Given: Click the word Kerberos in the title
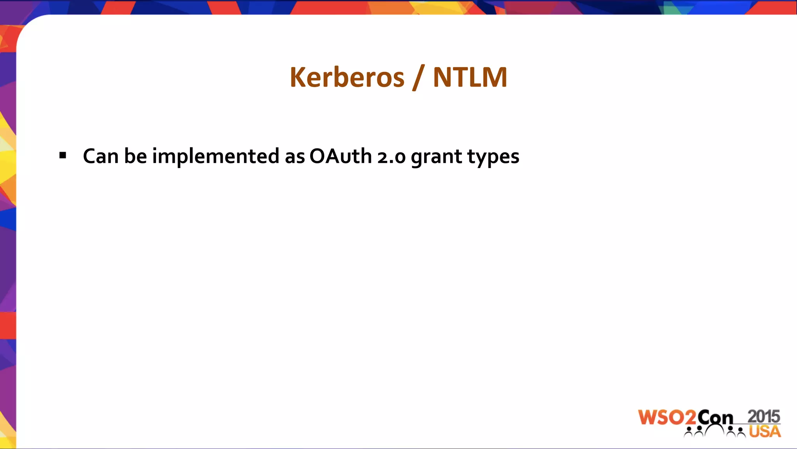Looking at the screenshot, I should click(347, 77).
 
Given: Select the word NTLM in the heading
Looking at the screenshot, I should click(470, 77).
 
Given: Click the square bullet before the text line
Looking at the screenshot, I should click(63, 156).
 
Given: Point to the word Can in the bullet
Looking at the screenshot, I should click(100, 156).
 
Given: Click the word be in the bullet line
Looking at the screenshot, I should click(135, 156).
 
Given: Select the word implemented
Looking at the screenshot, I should click(216, 156).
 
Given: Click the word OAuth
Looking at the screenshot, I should click(341, 156).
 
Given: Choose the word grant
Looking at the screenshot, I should click(436, 157).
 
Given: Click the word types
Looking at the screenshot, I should click(493, 157).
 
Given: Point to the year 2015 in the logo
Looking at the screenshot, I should click(764, 416).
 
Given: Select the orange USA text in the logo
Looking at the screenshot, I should click(765, 431).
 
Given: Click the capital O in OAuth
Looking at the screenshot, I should click(318, 156).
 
